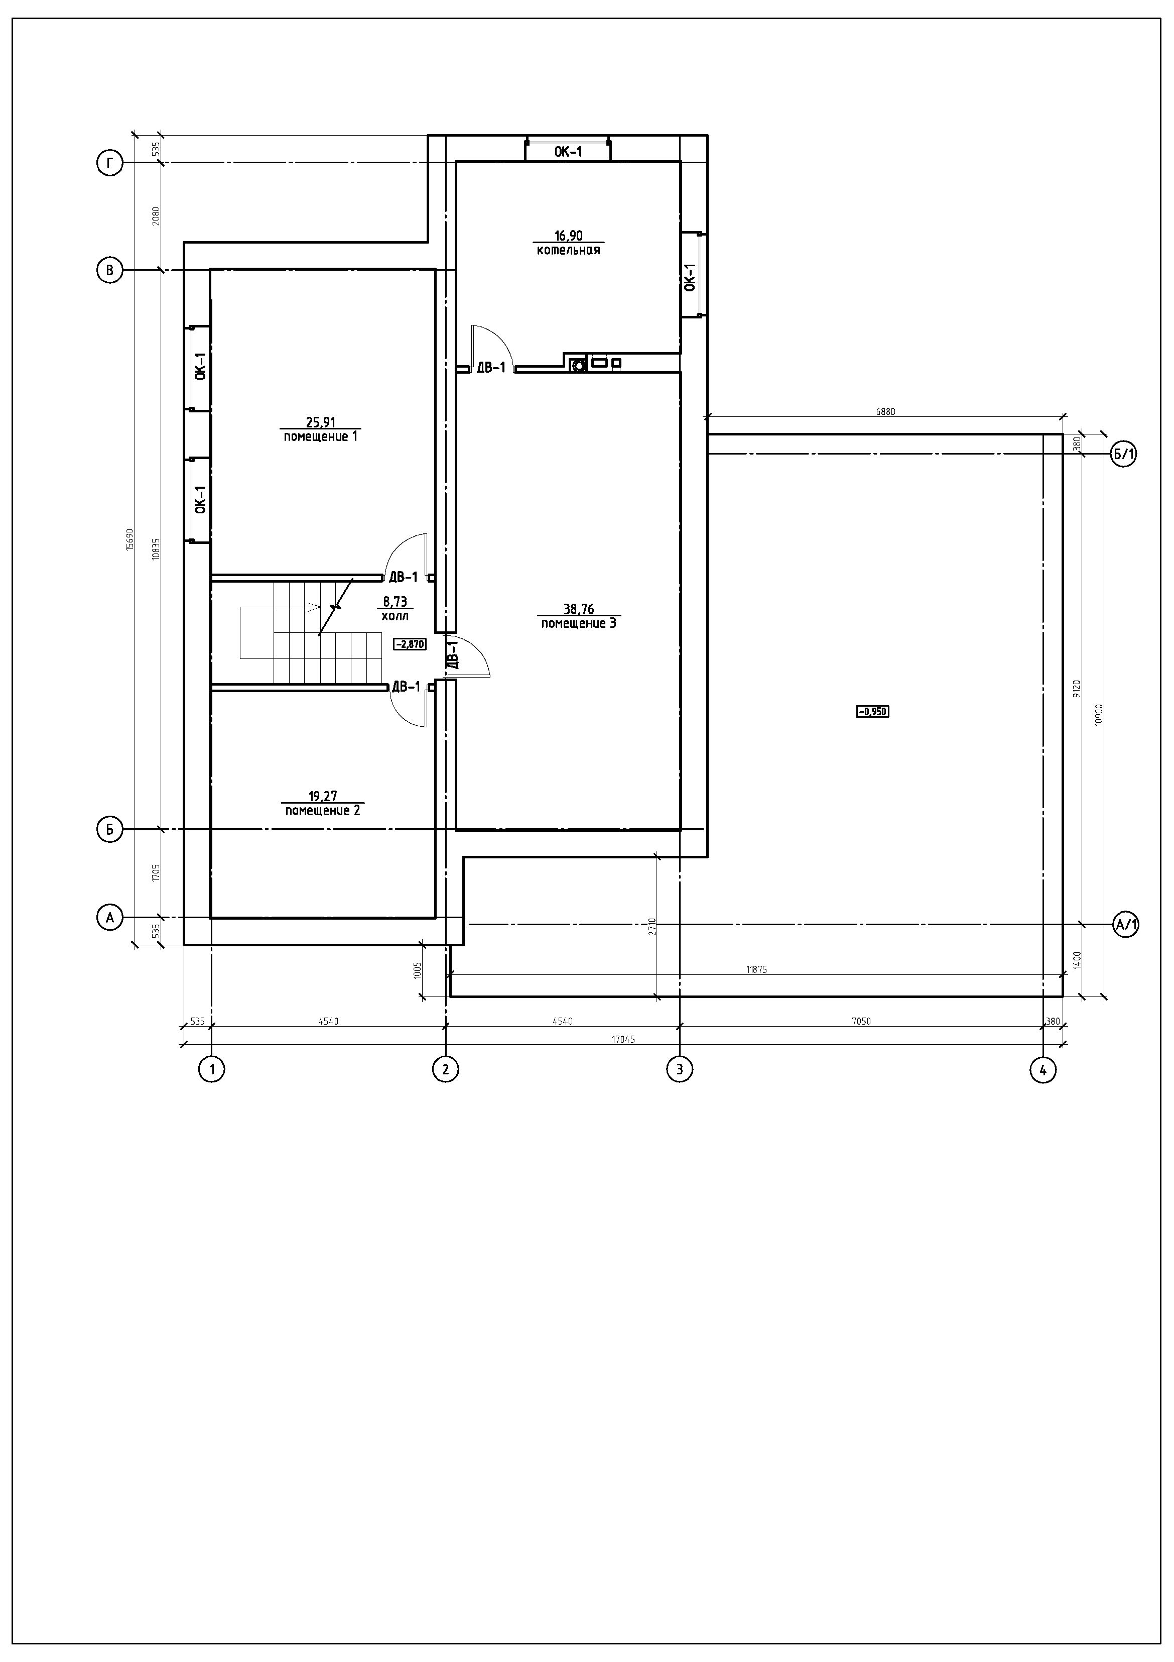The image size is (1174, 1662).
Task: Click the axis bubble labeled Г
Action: point(110,164)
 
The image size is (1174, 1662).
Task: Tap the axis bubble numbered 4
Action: point(1042,1069)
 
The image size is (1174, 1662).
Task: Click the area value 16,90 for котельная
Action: point(569,235)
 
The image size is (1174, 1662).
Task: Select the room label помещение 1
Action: point(320,436)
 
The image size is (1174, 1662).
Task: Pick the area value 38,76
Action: point(579,609)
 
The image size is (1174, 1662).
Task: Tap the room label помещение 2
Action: point(323,810)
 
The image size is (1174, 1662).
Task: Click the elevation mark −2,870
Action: point(410,644)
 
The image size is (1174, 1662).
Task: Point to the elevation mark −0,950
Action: point(872,712)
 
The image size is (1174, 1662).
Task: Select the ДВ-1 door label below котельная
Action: point(491,368)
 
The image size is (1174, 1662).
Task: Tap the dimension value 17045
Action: point(623,1039)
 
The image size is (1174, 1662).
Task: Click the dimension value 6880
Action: point(885,412)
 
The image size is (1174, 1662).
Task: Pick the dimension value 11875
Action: point(756,969)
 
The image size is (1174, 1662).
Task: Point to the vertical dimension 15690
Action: point(130,539)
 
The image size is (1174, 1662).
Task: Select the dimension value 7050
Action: point(861,1022)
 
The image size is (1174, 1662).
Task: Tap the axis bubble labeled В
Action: point(110,271)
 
